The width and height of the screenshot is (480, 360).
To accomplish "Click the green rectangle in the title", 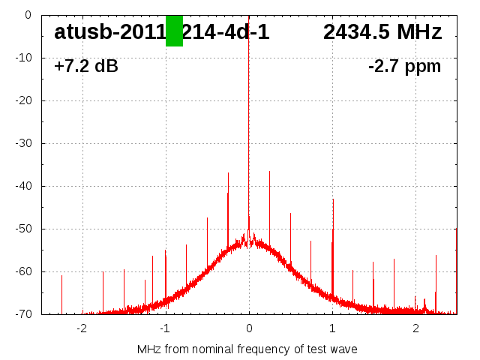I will point(174,31).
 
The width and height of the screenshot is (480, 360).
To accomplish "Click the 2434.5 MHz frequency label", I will point(382,32).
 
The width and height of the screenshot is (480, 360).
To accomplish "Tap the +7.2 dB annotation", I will point(85,67).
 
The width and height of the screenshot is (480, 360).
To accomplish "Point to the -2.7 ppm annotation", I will point(404,67).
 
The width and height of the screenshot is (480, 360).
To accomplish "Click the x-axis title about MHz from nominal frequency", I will point(247,349).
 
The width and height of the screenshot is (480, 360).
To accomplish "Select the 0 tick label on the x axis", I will point(249,328).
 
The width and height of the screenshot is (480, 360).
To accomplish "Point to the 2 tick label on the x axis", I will point(415,328).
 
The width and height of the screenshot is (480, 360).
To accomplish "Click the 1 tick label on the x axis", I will point(332,328).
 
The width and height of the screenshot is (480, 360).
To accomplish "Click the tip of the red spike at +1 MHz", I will point(333,199).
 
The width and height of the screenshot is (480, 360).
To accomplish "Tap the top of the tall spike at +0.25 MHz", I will point(270,172).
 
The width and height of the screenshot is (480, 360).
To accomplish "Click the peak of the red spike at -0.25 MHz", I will point(228,173).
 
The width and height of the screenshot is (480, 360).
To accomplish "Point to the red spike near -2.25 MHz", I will point(61,276).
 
